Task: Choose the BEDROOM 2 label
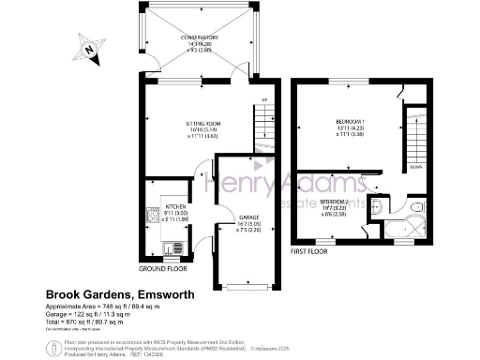(335, 202)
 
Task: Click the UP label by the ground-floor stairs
(265, 99)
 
